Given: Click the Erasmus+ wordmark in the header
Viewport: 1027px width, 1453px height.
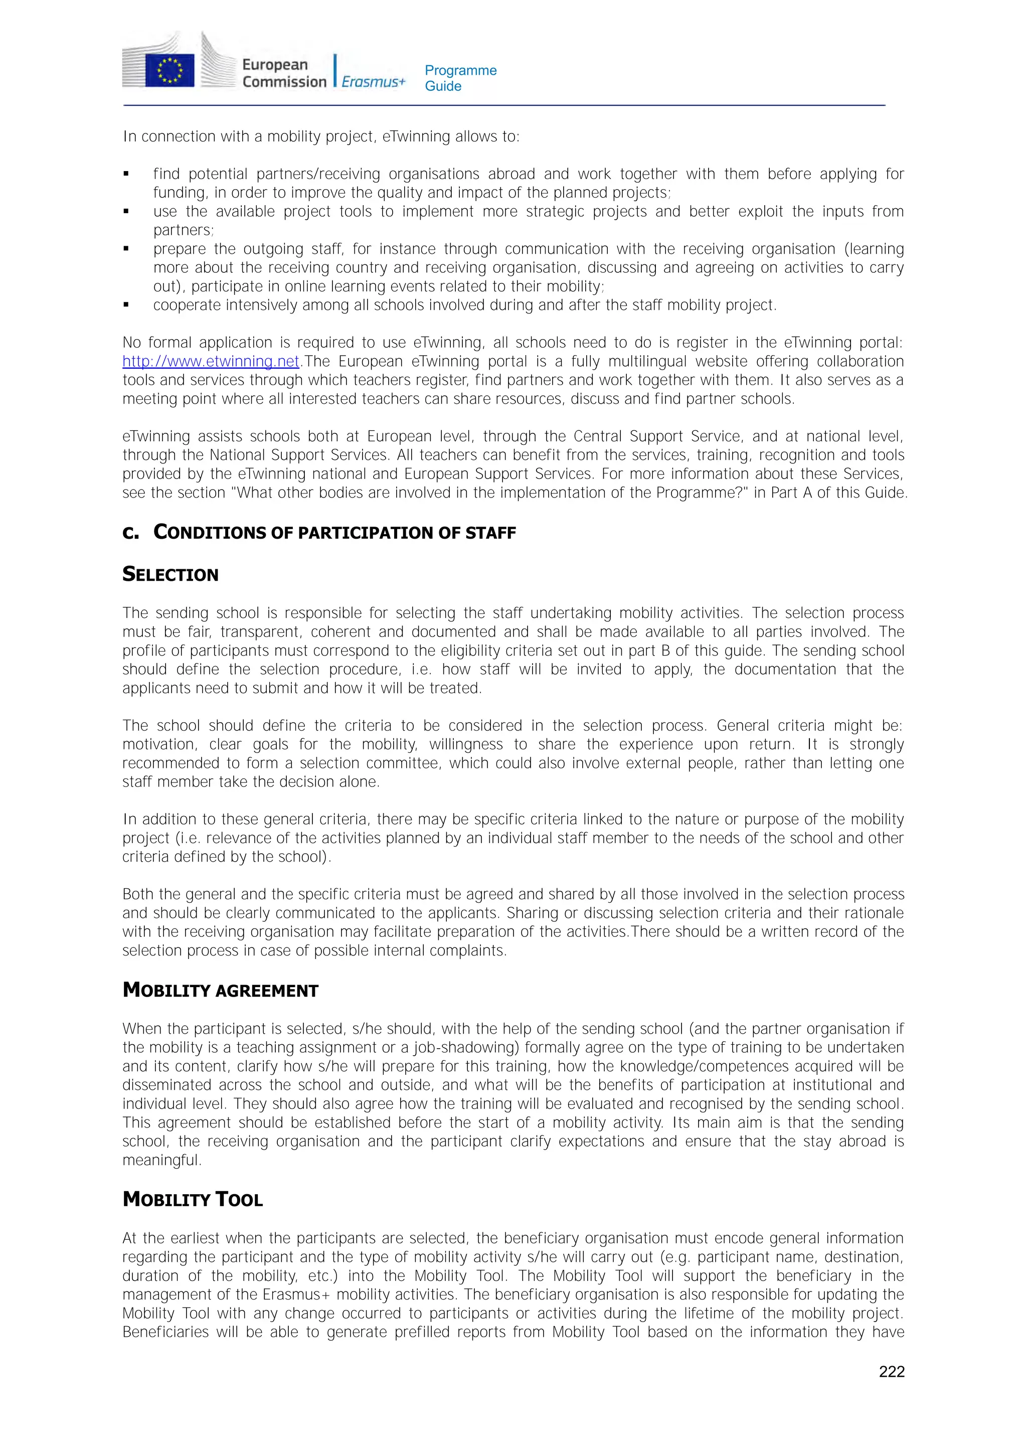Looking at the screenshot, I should tap(373, 82).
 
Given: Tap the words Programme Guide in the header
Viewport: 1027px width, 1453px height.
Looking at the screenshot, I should tap(460, 78).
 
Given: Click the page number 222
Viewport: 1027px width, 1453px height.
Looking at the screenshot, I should tap(891, 1371).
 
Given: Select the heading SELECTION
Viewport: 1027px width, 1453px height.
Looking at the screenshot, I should tap(170, 575).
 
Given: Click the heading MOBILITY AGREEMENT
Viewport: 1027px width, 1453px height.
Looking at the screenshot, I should tap(220, 991).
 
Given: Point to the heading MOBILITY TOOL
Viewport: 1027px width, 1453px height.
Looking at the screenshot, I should tap(193, 1199).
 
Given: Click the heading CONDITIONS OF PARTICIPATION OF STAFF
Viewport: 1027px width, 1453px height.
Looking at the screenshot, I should tap(335, 532).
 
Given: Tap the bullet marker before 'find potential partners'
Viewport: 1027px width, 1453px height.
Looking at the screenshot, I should tap(126, 174).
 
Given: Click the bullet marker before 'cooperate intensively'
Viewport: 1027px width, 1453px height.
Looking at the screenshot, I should tap(126, 305).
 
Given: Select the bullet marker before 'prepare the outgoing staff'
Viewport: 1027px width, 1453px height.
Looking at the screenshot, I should tap(126, 249).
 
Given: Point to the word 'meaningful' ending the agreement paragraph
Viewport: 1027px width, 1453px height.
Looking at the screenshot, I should tap(161, 1160).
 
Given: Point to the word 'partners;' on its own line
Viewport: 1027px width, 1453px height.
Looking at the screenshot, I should tap(184, 230).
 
